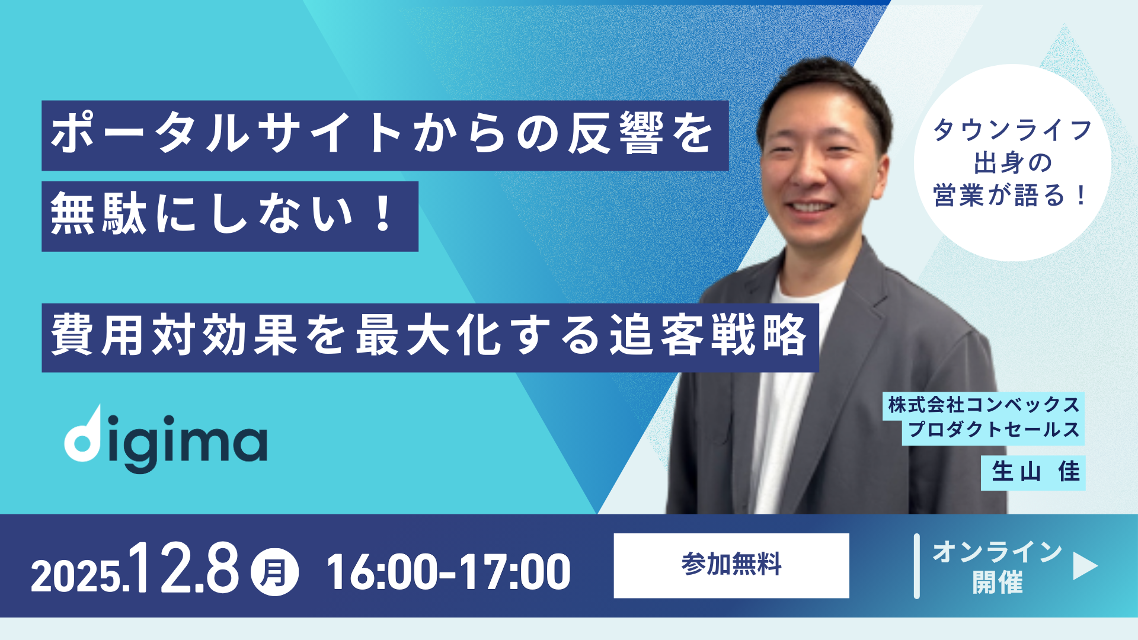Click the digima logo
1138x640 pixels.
click(166, 439)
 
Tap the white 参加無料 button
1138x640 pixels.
click(731, 565)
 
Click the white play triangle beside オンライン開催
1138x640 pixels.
click(1085, 566)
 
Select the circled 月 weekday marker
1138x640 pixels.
click(274, 572)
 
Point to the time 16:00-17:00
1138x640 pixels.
click(449, 572)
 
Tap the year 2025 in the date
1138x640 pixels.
click(76, 576)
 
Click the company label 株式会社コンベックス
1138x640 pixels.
click(984, 405)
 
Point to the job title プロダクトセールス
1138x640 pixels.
click(994, 430)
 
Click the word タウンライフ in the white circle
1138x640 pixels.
click(1013, 130)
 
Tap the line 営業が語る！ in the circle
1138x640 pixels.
click(1011, 195)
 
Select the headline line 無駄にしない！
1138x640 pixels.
click(222, 215)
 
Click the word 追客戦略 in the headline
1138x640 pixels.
click(709, 335)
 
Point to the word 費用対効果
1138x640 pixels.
click(174, 335)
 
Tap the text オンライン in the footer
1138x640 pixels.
click(998, 552)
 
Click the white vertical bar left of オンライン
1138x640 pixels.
click(917, 566)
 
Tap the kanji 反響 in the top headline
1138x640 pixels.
click(616, 134)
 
